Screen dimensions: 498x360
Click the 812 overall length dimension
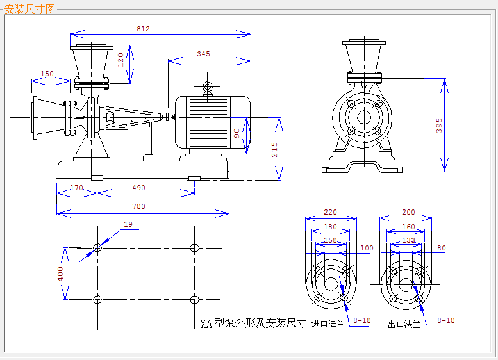(143, 29)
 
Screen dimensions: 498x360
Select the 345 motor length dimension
(203, 54)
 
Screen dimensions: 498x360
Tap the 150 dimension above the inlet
(47, 74)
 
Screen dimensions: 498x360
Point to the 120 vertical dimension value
(120, 60)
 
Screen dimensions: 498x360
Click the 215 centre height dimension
(274, 150)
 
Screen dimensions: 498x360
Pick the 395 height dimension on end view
(439, 126)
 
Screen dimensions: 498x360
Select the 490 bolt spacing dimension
(139, 188)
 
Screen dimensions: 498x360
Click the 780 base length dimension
(139, 206)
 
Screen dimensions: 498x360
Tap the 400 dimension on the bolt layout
(60, 274)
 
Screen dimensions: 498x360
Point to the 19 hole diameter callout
(128, 224)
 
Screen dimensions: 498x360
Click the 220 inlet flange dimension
(330, 212)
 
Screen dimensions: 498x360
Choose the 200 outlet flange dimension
(408, 212)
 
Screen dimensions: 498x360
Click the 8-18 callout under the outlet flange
(446, 320)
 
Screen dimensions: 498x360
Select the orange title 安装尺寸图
(29, 9)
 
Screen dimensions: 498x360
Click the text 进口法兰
(328, 324)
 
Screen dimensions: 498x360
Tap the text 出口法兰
(404, 324)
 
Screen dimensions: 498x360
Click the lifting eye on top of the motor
(208, 86)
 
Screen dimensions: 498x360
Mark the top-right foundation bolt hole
(194, 248)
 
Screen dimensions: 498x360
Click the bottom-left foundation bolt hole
(97, 299)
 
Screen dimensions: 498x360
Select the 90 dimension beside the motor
(237, 133)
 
